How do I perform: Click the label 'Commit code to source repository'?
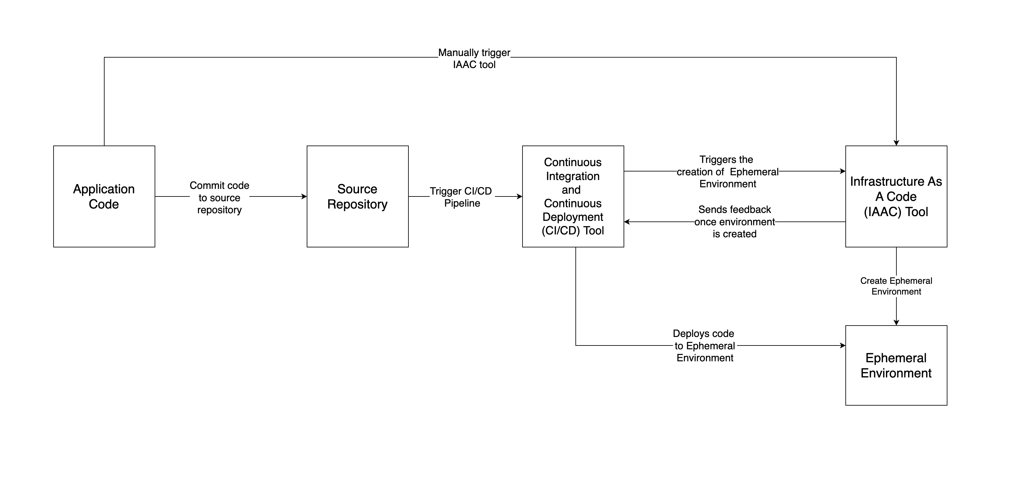click(220, 198)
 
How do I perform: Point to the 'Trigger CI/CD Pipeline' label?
click(461, 197)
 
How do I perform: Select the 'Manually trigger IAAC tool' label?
click(474, 59)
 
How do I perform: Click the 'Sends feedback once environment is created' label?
click(734, 221)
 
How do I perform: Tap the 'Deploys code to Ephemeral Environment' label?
click(704, 346)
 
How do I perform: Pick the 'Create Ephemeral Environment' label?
click(896, 286)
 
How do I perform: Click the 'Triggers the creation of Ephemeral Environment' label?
click(727, 172)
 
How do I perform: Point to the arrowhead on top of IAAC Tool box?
click(896, 143)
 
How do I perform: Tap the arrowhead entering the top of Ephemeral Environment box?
click(896, 323)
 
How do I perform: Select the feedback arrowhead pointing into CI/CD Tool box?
click(627, 222)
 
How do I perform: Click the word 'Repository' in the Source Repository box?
click(357, 204)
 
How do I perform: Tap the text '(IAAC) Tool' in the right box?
click(896, 212)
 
